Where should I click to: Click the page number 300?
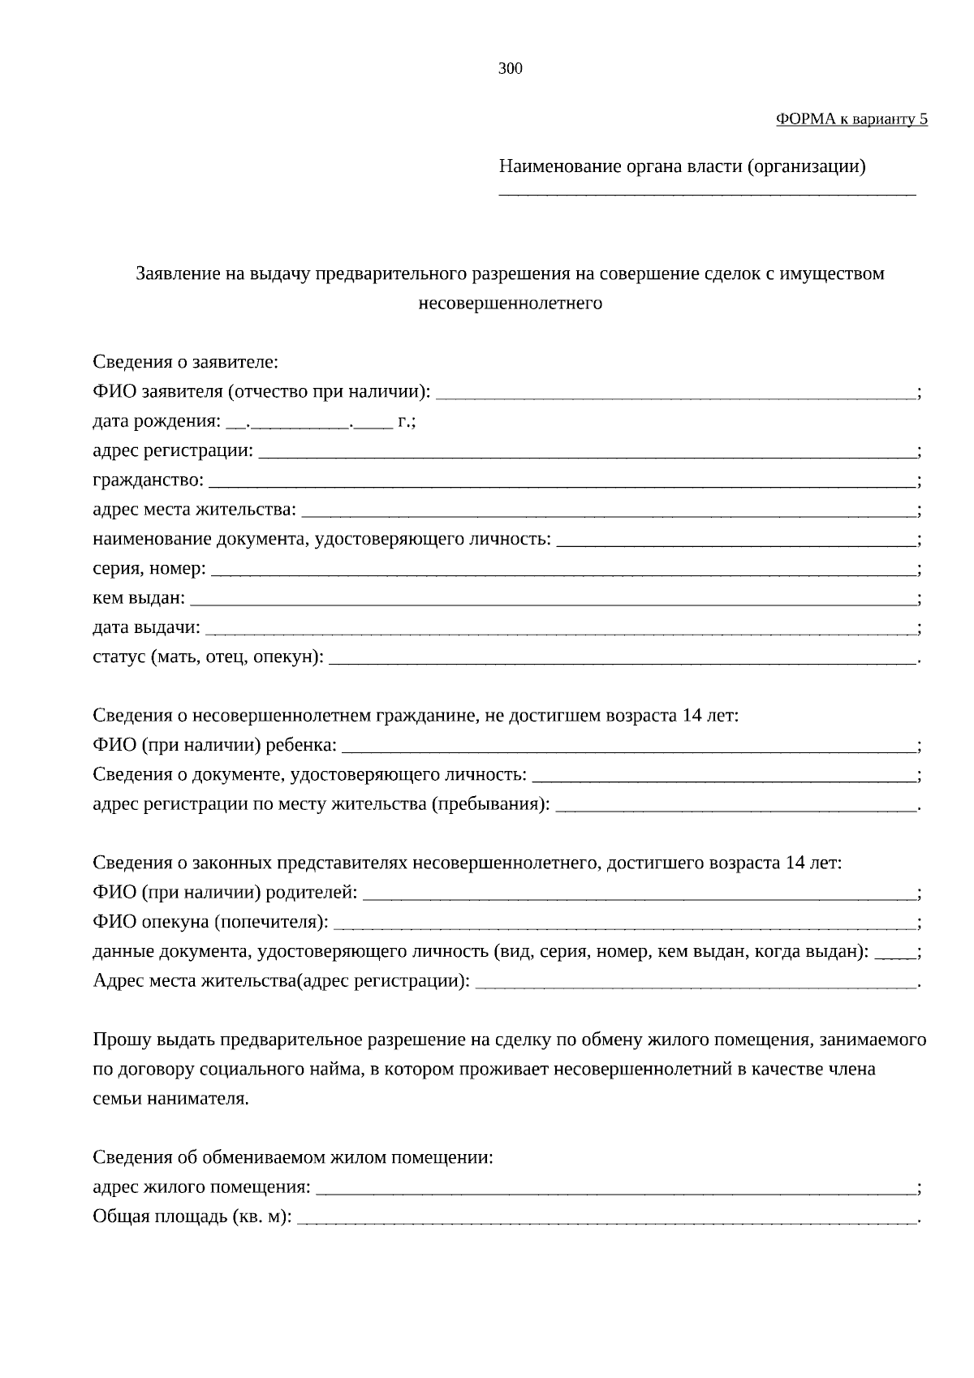point(510,69)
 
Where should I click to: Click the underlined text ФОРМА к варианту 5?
point(851,119)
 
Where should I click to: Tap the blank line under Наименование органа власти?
point(706,192)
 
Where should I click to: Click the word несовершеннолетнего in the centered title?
point(510,304)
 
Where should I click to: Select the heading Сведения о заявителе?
point(185,362)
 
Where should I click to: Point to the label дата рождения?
point(156,422)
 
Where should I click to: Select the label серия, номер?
point(149,569)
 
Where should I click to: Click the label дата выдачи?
point(146,628)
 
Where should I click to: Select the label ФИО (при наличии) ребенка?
point(214,745)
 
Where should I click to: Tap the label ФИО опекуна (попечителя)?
point(211,923)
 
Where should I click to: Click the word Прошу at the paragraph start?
point(119,1040)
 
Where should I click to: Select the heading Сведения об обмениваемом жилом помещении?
point(292,1157)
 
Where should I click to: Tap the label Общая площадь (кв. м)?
point(192,1217)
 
